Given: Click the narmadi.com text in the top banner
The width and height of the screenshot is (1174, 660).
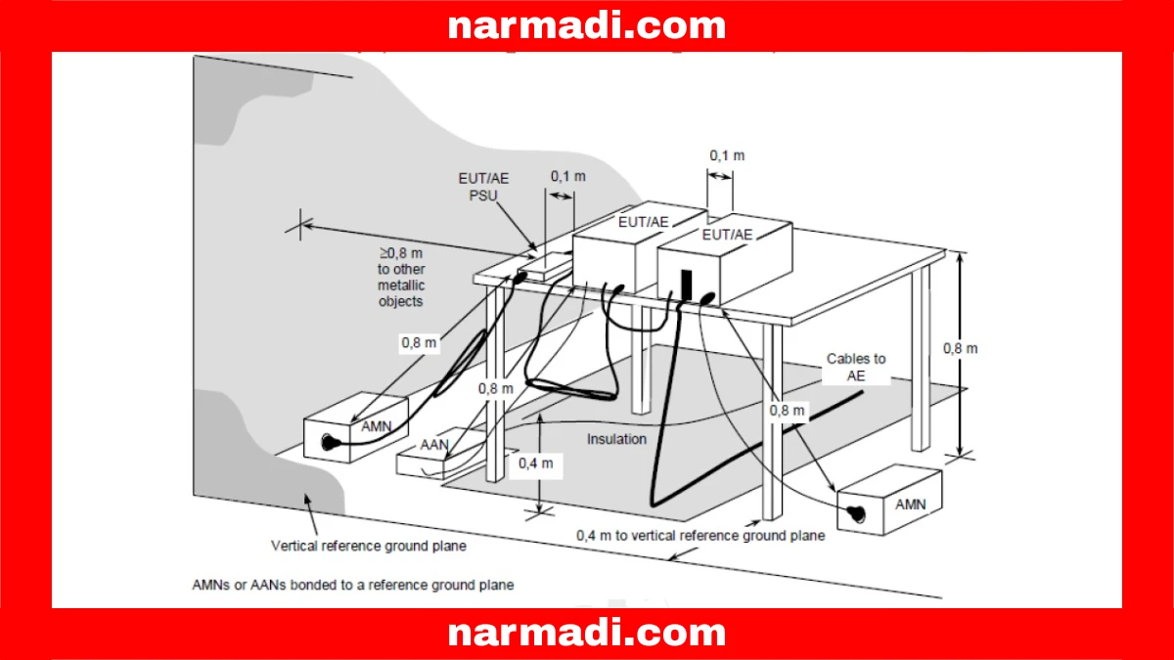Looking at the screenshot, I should pos(587,25).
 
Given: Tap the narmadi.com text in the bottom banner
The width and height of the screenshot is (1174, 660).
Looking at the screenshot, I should pos(587,634).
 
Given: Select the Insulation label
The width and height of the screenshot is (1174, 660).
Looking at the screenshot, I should pos(616,439).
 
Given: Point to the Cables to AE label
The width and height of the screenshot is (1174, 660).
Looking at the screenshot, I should pos(856,367).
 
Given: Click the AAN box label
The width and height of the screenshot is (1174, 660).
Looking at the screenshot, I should pos(433,445).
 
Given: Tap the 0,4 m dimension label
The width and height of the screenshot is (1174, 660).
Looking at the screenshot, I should pos(537,463).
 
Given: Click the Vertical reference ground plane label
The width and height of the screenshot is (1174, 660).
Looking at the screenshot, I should pos(368,546).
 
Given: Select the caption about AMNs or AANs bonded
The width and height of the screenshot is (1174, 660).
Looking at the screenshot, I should pos(353,585).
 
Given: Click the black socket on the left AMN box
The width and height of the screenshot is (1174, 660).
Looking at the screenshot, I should pos(326,442).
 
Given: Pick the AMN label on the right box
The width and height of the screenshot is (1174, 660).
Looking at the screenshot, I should pos(909,505).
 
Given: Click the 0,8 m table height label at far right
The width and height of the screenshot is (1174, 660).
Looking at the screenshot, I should pos(960,348).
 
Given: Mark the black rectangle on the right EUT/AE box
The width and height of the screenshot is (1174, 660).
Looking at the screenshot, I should pos(687,285).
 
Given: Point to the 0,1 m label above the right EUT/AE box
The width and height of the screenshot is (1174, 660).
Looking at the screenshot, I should pos(727,155).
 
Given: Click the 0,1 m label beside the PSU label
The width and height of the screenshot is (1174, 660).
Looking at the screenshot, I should pos(567,176).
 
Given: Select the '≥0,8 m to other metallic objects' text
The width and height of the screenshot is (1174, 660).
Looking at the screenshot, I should pos(400,278).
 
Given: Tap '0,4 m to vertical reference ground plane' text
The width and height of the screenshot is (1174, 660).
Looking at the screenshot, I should pos(700,535).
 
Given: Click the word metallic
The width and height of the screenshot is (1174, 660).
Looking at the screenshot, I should pos(401,285).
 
